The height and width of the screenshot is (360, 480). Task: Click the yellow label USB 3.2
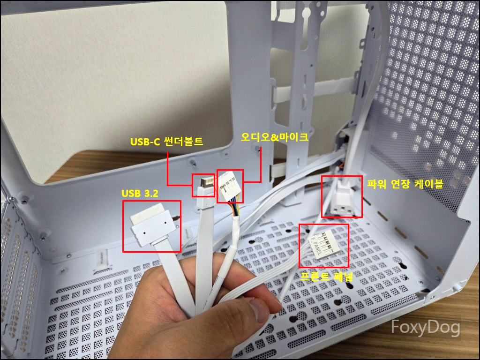click(x=140, y=194)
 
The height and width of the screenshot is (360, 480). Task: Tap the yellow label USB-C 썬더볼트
click(x=167, y=142)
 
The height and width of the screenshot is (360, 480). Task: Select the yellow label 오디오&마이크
click(x=275, y=137)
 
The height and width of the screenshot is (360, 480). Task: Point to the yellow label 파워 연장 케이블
click(x=405, y=184)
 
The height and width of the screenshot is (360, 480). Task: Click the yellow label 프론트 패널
click(x=326, y=276)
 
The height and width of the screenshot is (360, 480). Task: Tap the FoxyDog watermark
click(x=426, y=327)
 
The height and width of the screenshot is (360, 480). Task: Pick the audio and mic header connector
click(x=230, y=186)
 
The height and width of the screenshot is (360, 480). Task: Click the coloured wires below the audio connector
click(x=235, y=210)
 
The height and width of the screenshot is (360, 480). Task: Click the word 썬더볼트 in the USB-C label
click(x=183, y=142)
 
